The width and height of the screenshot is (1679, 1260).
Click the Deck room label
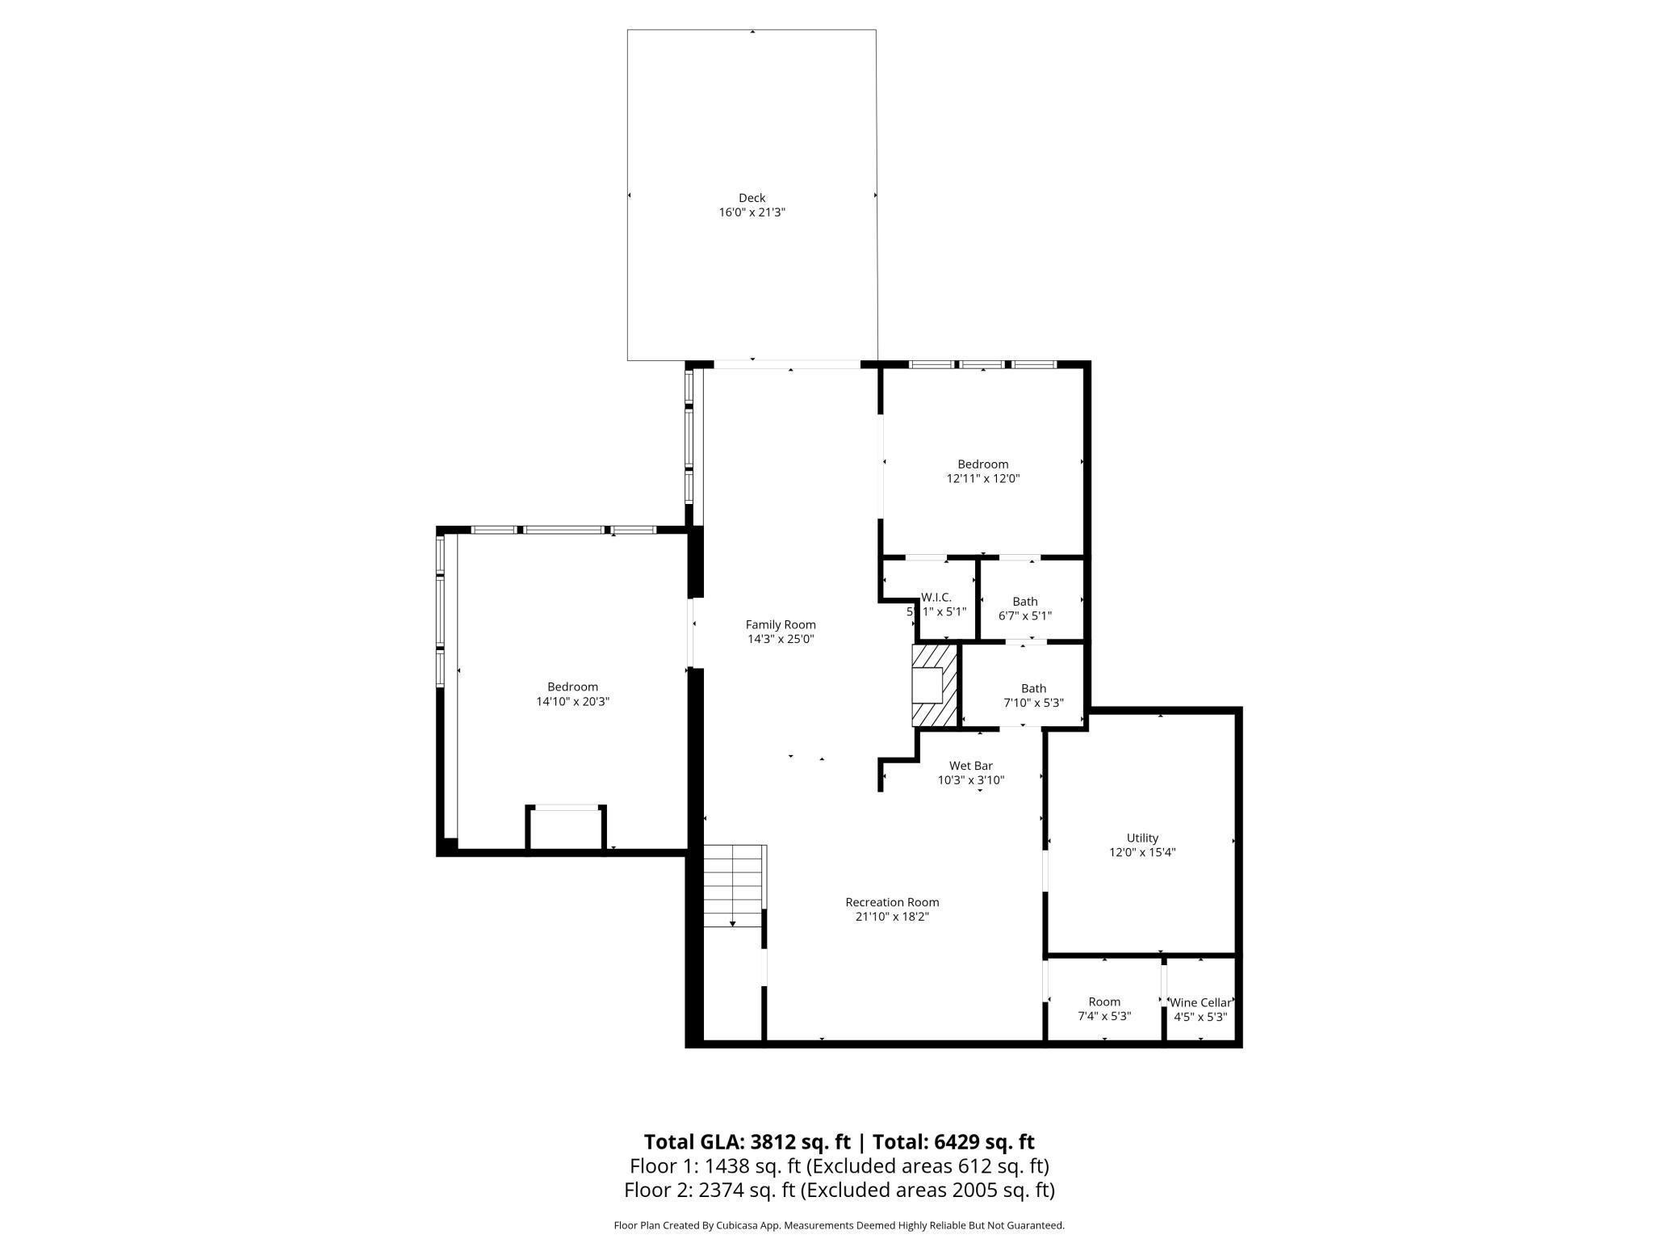[x=752, y=198]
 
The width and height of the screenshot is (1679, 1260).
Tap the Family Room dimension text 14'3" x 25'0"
[x=781, y=639]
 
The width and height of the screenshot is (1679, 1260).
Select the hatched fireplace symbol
[x=934, y=686]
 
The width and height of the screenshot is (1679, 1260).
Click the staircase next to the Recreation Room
[x=733, y=886]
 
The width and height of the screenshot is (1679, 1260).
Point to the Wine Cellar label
[x=1200, y=1002]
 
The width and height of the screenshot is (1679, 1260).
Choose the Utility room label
[x=1142, y=838]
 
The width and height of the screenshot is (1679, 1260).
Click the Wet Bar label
[x=970, y=766]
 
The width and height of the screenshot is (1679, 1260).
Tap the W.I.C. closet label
[x=936, y=597]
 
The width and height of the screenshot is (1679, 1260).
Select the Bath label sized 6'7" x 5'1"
[x=1025, y=601]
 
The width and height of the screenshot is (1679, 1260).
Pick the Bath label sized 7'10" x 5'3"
[x=1033, y=688]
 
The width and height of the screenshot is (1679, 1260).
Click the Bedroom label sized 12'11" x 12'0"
[x=982, y=464]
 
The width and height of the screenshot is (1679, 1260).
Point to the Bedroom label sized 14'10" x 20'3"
[x=572, y=687]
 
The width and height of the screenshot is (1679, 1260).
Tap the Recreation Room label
[x=892, y=902]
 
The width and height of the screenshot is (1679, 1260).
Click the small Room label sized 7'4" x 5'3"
[x=1104, y=1002]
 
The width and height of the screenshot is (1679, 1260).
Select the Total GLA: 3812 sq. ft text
[x=747, y=1141]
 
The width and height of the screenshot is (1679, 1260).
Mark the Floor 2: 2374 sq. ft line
[x=839, y=1190]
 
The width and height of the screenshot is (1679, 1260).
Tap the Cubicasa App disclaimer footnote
[x=839, y=1225]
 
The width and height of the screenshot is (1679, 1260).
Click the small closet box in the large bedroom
[x=566, y=828]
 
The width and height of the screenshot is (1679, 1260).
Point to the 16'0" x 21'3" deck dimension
[x=752, y=212]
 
